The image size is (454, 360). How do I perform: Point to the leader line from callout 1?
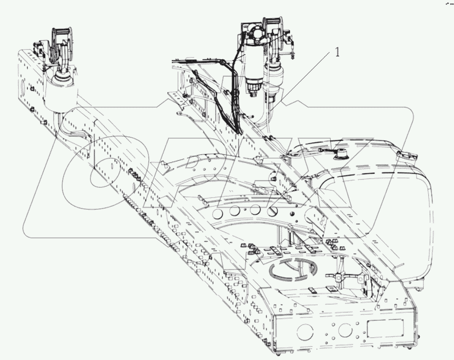pyautogui.click(x=302, y=78)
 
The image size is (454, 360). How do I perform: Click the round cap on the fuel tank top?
pyautogui.click(x=339, y=155)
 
